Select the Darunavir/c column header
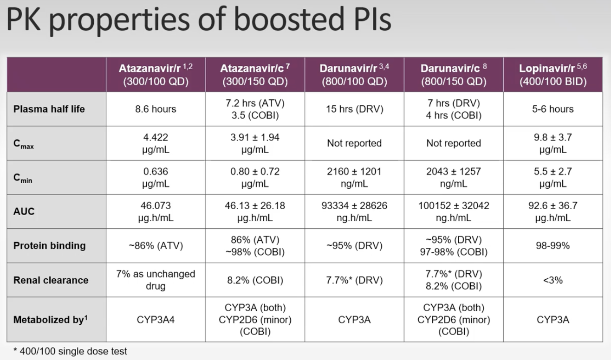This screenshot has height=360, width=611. coord(453,74)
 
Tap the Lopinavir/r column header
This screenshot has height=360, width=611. coord(552,74)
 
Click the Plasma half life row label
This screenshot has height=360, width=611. coord(49,109)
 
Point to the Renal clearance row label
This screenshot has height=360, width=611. coord(51,280)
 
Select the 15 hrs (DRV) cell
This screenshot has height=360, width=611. coord(354,109)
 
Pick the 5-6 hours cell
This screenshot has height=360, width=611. coord(552,109)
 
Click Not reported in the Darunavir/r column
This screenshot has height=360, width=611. coord(354,143)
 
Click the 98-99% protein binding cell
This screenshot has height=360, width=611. coord(552,245)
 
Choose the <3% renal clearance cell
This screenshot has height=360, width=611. coord(552,280)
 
